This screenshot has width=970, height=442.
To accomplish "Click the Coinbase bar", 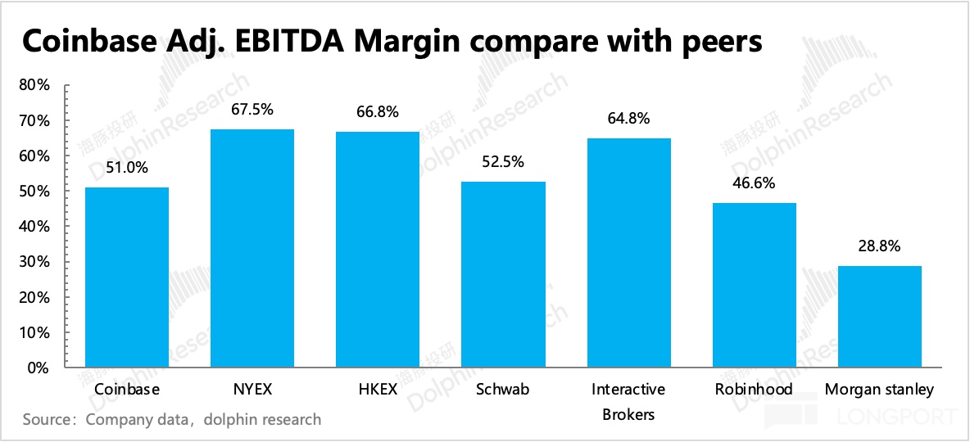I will pos(127,277).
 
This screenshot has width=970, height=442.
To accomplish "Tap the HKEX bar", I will pos(378,250).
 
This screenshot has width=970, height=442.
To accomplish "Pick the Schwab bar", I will pos(503,275).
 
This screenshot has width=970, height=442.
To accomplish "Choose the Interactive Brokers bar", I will pos(628,253).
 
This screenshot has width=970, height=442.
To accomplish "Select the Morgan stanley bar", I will pos(880,317).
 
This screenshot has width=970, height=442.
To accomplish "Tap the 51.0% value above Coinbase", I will pos(127,169).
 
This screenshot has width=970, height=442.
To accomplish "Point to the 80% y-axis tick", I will pos(34,85).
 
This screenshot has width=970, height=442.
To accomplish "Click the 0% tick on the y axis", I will pos(39,368).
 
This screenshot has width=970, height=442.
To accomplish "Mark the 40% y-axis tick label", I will pos(34,227).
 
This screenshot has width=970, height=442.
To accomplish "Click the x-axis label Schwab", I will pos(503,390).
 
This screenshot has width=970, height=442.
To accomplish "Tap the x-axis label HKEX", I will pos(378,390).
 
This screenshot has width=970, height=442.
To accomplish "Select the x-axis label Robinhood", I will pos(755,390).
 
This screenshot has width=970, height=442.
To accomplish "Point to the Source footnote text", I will pos(172,420).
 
